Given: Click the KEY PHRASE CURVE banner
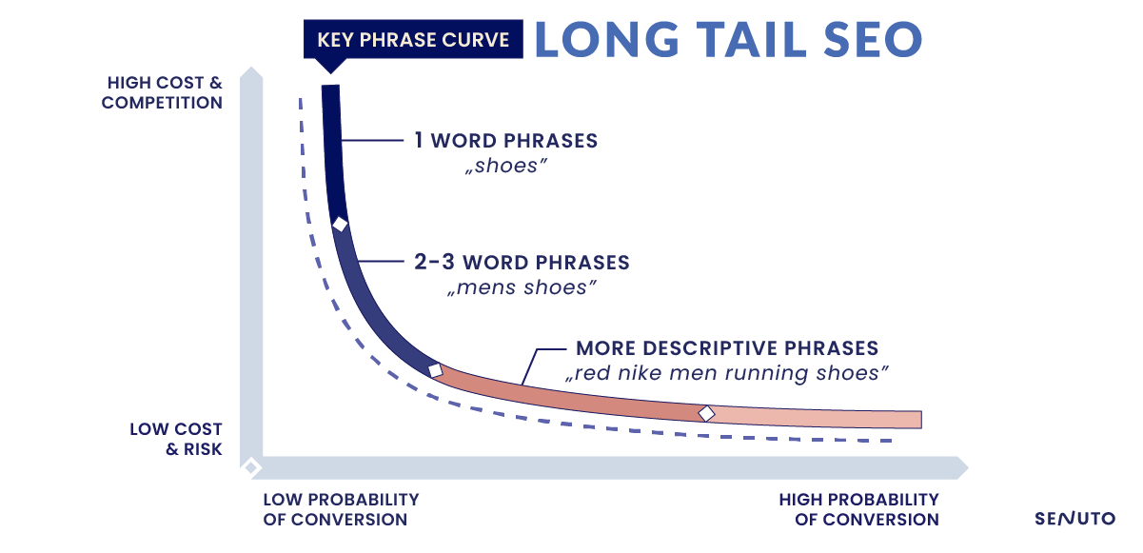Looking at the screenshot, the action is click(413, 39).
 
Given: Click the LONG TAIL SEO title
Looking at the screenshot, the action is click(729, 39).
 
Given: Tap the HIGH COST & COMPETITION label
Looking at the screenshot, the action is click(162, 92).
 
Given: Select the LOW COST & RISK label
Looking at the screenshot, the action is click(176, 439).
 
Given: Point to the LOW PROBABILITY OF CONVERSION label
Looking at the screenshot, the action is click(341, 509).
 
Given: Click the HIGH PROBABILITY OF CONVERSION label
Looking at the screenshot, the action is click(858, 509).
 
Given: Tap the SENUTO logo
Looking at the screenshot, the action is click(1074, 519).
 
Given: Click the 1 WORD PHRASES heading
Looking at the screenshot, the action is click(505, 140).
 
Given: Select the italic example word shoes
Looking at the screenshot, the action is click(505, 166).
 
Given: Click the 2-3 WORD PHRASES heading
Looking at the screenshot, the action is click(522, 262).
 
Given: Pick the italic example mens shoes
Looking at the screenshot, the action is click(522, 287).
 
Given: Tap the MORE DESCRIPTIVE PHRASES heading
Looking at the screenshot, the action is click(727, 348).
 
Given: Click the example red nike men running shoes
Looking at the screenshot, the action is click(727, 373).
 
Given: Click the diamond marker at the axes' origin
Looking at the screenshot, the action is click(251, 466).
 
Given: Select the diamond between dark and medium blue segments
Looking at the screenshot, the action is click(340, 224).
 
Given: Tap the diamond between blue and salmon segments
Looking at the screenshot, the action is click(435, 370).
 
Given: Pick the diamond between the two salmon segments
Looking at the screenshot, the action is click(706, 413).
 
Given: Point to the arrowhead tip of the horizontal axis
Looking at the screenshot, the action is click(968, 467).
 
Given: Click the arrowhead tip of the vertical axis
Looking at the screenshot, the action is click(251, 67).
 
